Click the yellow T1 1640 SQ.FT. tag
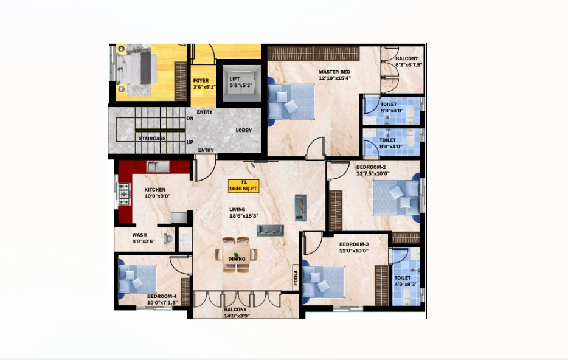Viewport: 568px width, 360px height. pos(244,186)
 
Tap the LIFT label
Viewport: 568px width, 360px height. pos(234,79)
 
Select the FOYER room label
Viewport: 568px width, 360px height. pos(201,81)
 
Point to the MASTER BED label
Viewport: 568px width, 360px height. pos(334,72)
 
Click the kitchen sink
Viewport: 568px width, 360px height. pos(158,166)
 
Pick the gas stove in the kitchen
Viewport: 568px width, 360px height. pos(124,194)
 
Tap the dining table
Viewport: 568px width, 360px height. pos(237,254)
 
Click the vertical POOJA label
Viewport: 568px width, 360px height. pos(296,277)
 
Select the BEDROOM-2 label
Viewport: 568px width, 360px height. pos(371,167)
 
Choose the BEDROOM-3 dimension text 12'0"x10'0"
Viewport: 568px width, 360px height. pos(354,251)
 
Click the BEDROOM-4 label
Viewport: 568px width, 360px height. pos(162,296)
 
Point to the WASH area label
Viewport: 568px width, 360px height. pos(139,235)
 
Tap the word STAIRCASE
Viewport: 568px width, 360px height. pos(152,139)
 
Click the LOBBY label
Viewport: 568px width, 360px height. pos(244,130)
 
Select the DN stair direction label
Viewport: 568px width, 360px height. pos(190,119)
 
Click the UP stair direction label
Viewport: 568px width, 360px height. pos(190,142)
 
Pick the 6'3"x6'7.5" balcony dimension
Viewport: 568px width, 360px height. pos(409,65)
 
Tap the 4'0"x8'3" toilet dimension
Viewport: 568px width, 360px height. pos(406,285)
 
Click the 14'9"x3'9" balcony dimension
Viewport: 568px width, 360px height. pos(237,316)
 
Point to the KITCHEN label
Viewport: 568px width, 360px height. pos(155,189)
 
